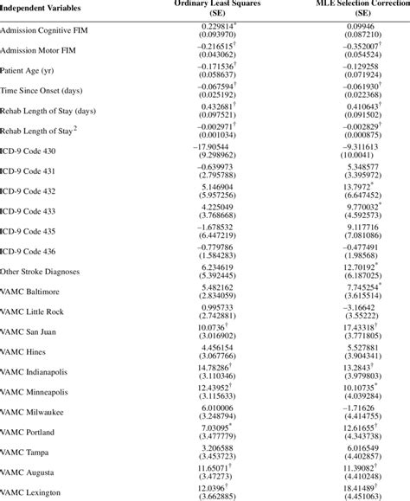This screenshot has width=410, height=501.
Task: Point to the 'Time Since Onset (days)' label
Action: [42, 91]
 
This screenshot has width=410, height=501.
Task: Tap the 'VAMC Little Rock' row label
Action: [32, 310]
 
